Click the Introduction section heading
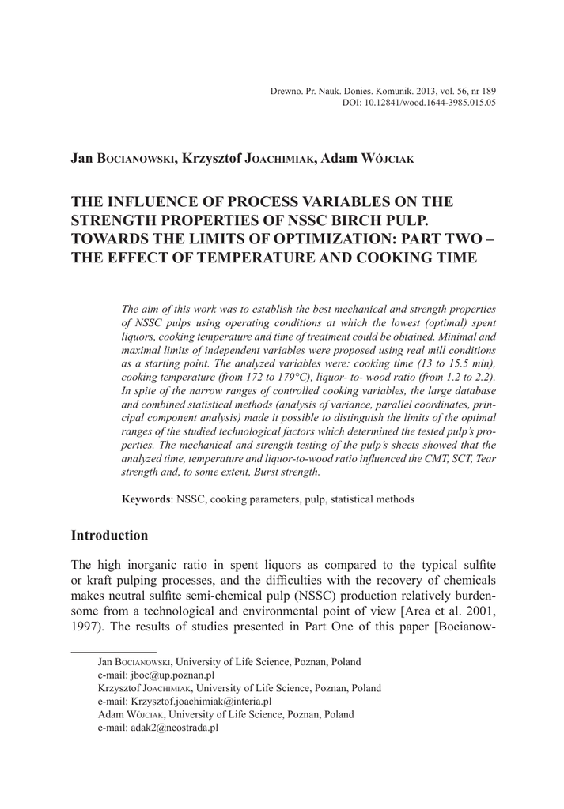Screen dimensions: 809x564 pos(109,536)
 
